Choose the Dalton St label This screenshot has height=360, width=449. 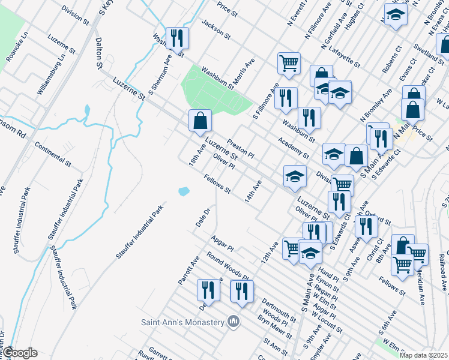(x=99, y=49)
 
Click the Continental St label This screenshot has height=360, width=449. (x=53, y=154)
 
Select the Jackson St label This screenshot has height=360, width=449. (x=216, y=28)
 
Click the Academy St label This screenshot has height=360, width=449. (x=294, y=148)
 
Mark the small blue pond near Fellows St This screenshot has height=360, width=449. (x=184, y=191)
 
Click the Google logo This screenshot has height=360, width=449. (x=20, y=353)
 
